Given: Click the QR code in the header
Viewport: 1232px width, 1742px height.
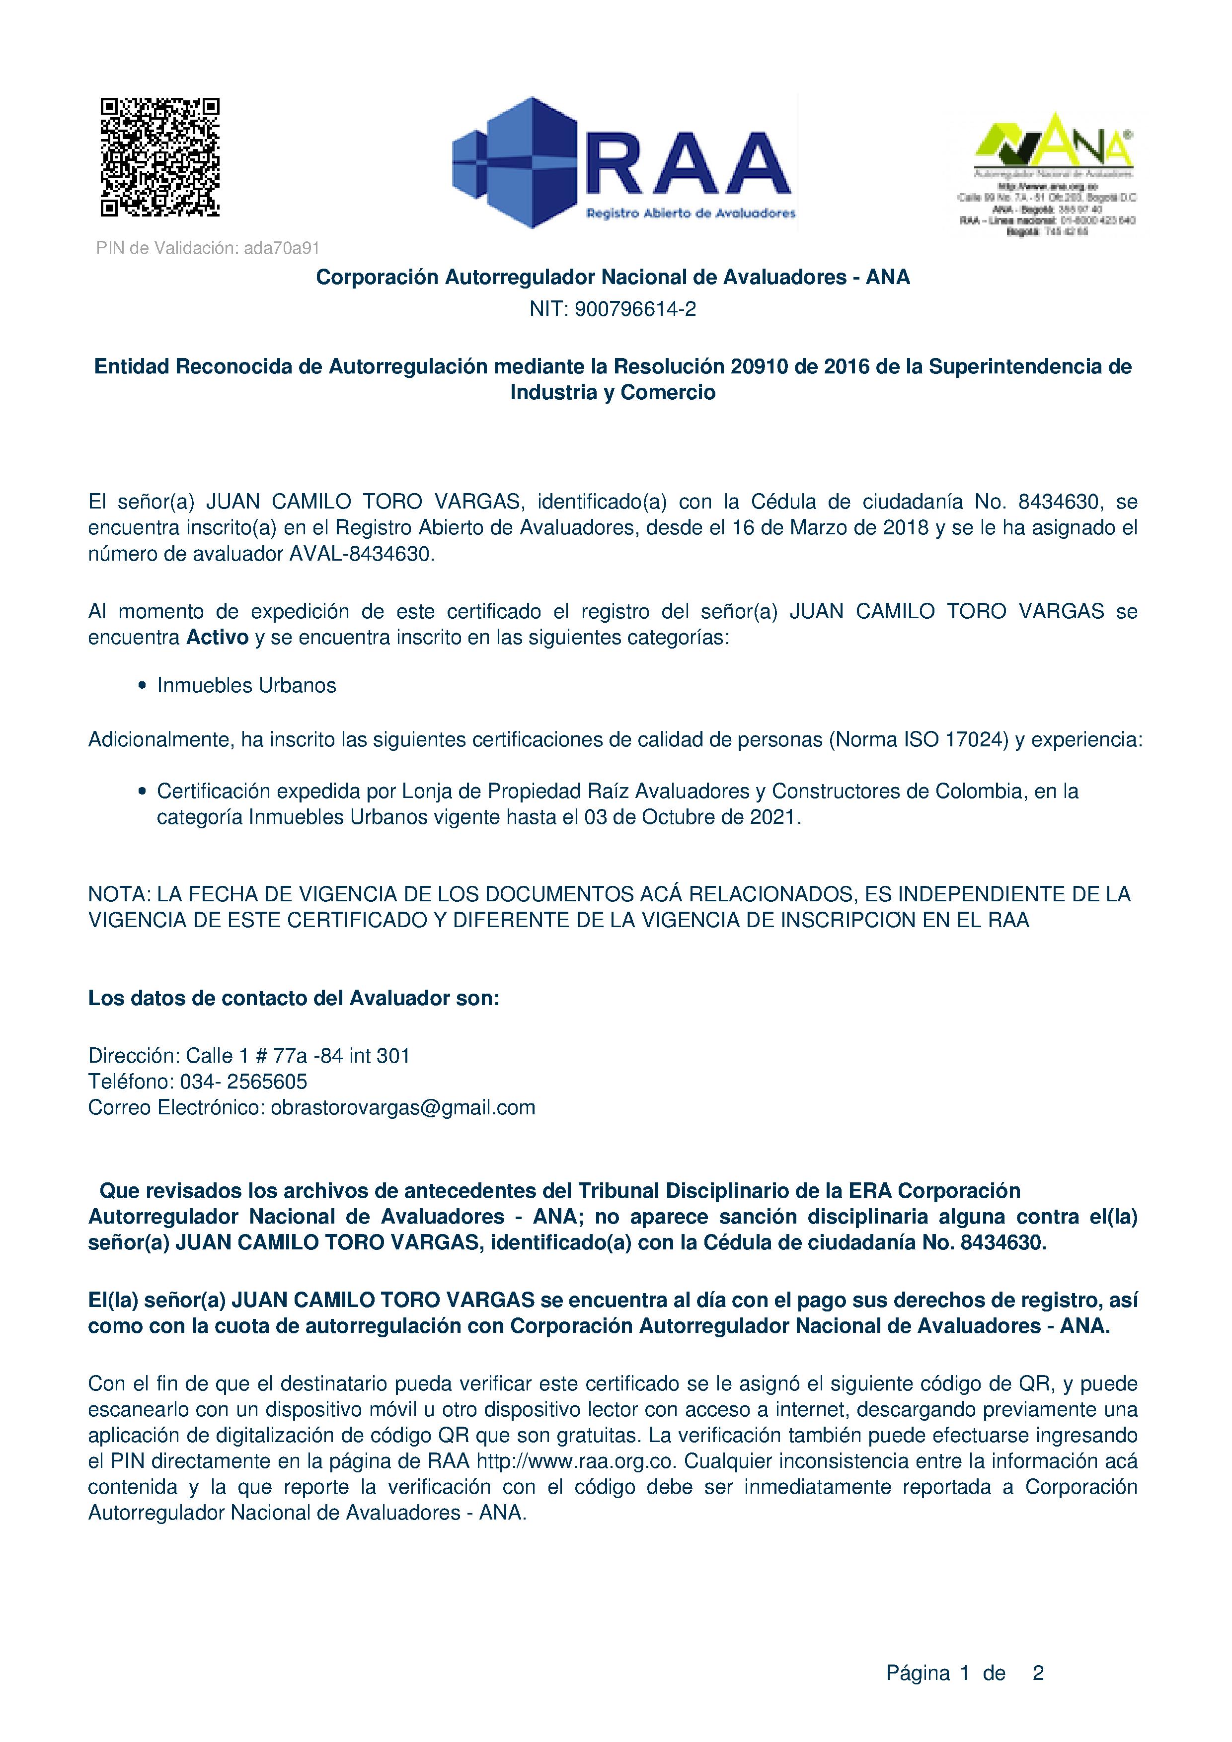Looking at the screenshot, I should click(160, 157).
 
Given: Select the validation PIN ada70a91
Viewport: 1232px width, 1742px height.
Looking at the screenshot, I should click(282, 248).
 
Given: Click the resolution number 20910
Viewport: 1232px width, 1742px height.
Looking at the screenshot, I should click(755, 367).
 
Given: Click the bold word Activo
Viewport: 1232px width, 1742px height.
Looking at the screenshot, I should click(218, 637).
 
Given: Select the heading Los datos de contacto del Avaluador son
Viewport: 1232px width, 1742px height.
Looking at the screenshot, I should click(294, 999).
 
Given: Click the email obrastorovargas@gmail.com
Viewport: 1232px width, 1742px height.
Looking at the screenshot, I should click(403, 1108).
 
